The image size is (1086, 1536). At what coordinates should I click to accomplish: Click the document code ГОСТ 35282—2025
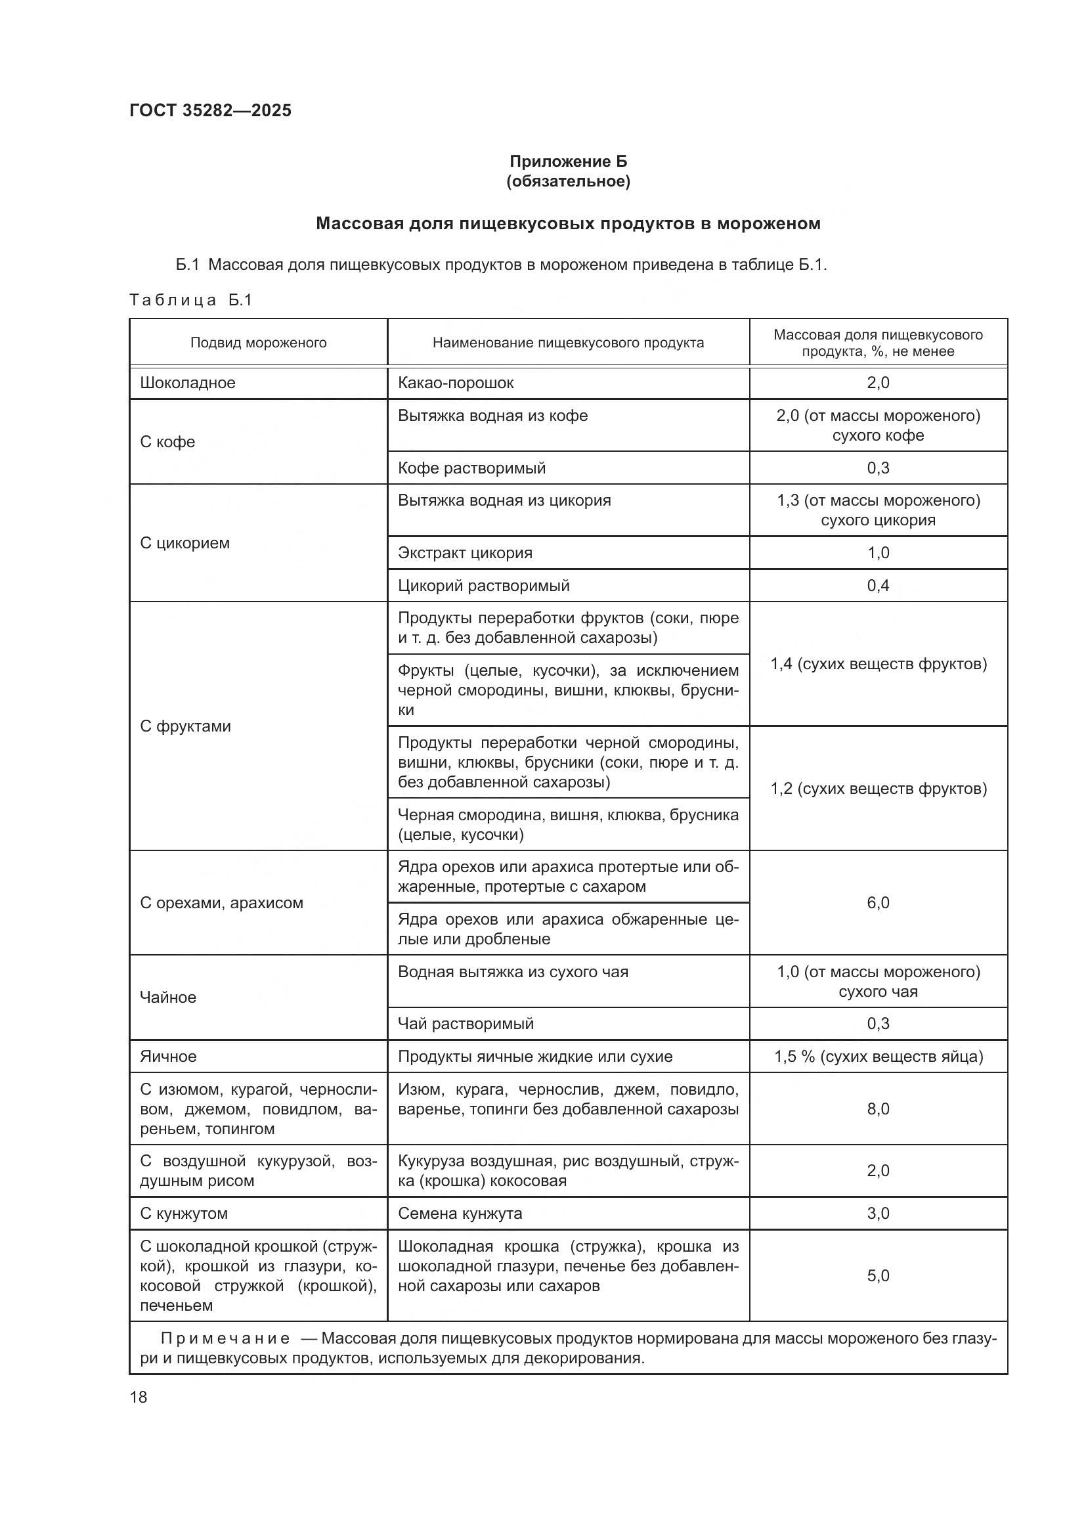tap(211, 110)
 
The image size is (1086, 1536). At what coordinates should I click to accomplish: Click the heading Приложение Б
tap(568, 162)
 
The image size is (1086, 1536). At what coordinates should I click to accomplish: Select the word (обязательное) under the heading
tap(568, 181)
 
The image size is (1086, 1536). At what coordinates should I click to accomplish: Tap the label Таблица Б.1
tap(190, 299)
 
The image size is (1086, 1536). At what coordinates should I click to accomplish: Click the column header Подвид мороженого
tap(258, 343)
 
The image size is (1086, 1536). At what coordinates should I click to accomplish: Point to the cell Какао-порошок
tap(456, 383)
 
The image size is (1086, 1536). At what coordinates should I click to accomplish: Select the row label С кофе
tap(167, 441)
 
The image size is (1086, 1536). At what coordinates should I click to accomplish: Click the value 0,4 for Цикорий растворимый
tap(877, 585)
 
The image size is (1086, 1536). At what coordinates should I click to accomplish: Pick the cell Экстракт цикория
tap(465, 552)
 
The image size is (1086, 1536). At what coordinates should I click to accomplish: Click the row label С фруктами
tap(185, 726)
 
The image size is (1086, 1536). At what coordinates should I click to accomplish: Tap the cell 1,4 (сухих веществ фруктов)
tap(878, 664)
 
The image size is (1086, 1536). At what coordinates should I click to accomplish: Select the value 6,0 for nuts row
tap(877, 902)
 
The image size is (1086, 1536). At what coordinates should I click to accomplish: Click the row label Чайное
tap(168, 997)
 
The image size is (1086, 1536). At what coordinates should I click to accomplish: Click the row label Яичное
tap(168, 1057)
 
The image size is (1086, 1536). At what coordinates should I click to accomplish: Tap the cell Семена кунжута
tap(460, 1213)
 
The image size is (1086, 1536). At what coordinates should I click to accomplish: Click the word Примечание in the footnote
tap(225, 1338)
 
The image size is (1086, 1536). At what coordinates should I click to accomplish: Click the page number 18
tap(139, 1397)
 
